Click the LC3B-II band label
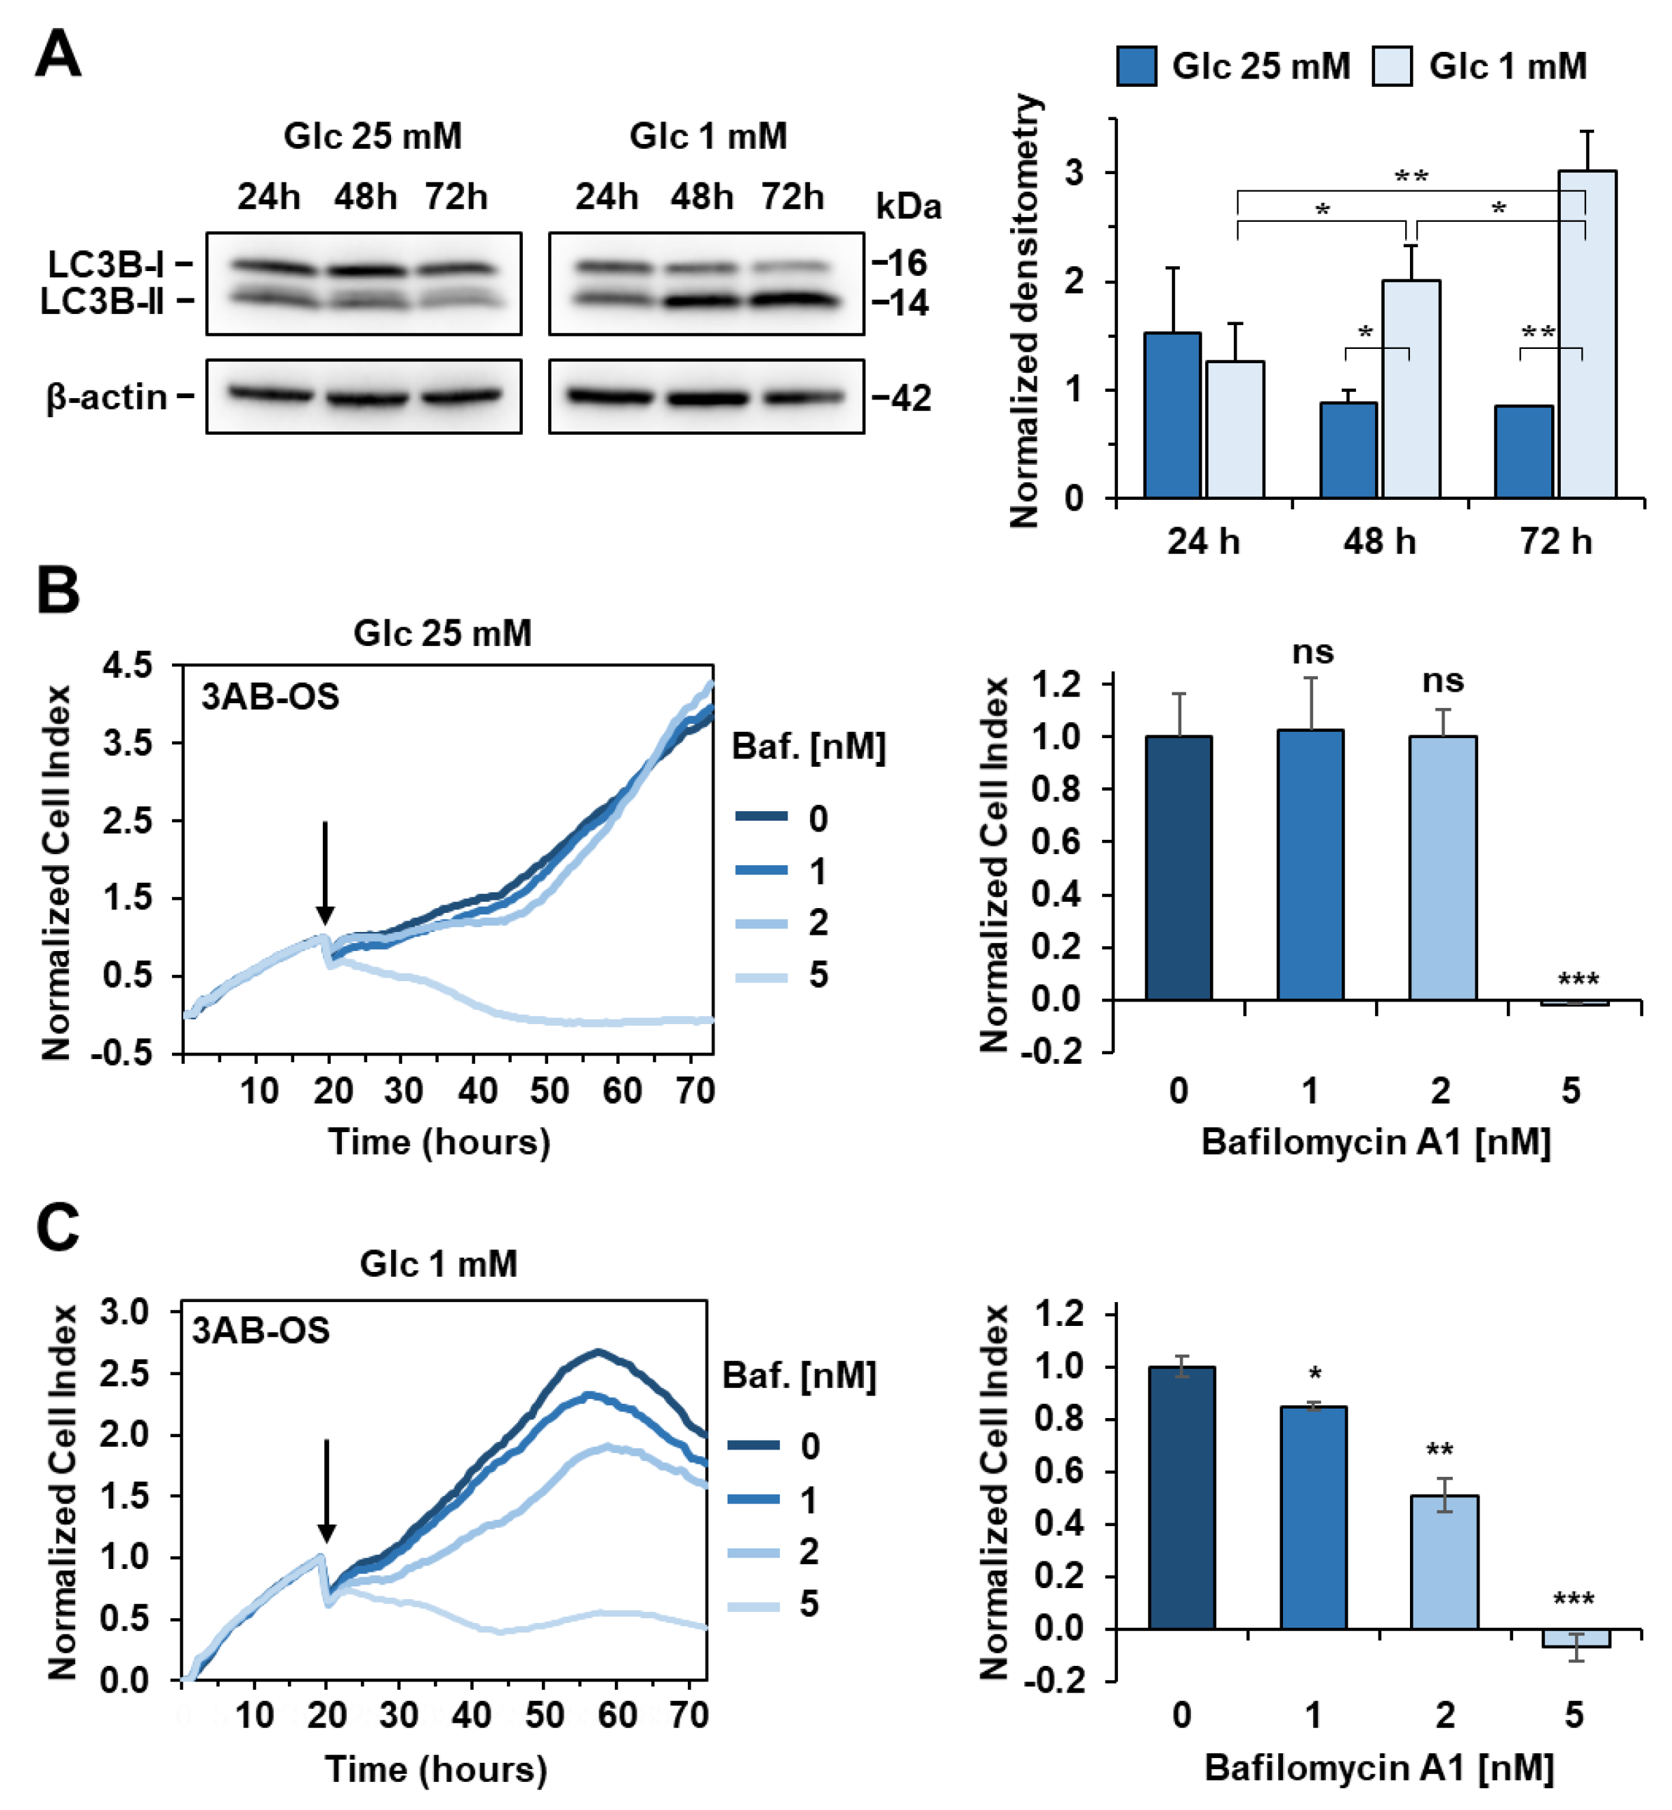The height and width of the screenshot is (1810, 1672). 102,301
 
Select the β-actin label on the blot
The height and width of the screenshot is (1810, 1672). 106,397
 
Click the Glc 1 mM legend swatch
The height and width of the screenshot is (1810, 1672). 1392,66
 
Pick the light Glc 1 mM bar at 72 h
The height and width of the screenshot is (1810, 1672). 1587,335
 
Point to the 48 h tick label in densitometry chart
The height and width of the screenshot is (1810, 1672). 1379,541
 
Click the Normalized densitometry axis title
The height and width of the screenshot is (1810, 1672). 1025,311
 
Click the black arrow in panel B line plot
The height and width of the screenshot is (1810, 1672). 325,873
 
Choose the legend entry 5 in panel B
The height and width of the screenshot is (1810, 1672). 818,975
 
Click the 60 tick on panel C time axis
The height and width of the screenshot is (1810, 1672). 617,1715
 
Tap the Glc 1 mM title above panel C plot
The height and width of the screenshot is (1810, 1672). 439,1263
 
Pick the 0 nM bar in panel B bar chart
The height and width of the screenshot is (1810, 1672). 1179,868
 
